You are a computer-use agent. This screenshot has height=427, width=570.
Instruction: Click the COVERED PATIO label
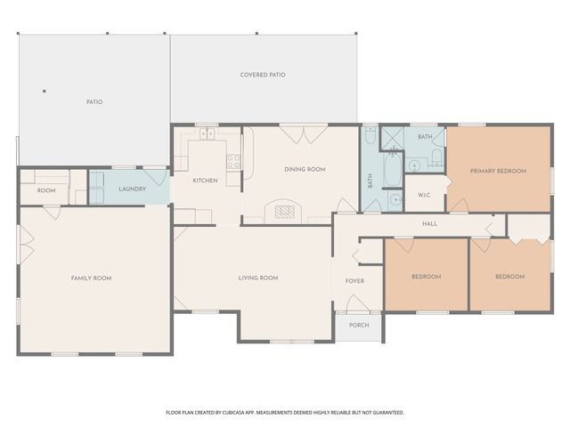pos(263,75)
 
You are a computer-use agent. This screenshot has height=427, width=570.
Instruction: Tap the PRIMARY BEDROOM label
pos(498,171)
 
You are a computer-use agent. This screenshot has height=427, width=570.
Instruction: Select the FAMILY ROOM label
pos(91,278)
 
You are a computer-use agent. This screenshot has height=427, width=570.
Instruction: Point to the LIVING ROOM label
pos(258,278)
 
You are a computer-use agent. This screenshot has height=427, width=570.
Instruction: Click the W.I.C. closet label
pos(424,196)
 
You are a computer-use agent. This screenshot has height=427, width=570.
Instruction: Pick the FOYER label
pos(355,281)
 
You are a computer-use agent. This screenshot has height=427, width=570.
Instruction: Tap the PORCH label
pos(358,326)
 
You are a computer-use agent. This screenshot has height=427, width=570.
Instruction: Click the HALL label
pos(429,224)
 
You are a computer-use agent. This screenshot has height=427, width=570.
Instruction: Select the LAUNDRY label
pos(132,189)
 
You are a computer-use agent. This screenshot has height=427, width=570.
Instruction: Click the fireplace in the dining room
pos(285,211)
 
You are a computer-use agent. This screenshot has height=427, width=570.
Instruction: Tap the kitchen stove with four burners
pos(233,162)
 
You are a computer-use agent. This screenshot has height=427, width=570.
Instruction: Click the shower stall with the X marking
pos(393,137)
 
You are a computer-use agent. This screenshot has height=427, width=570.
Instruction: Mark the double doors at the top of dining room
pos(296,133)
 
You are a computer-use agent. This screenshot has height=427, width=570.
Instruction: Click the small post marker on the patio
pos(44,90)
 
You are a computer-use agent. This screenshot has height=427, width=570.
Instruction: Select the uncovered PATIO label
pos(94,102)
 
